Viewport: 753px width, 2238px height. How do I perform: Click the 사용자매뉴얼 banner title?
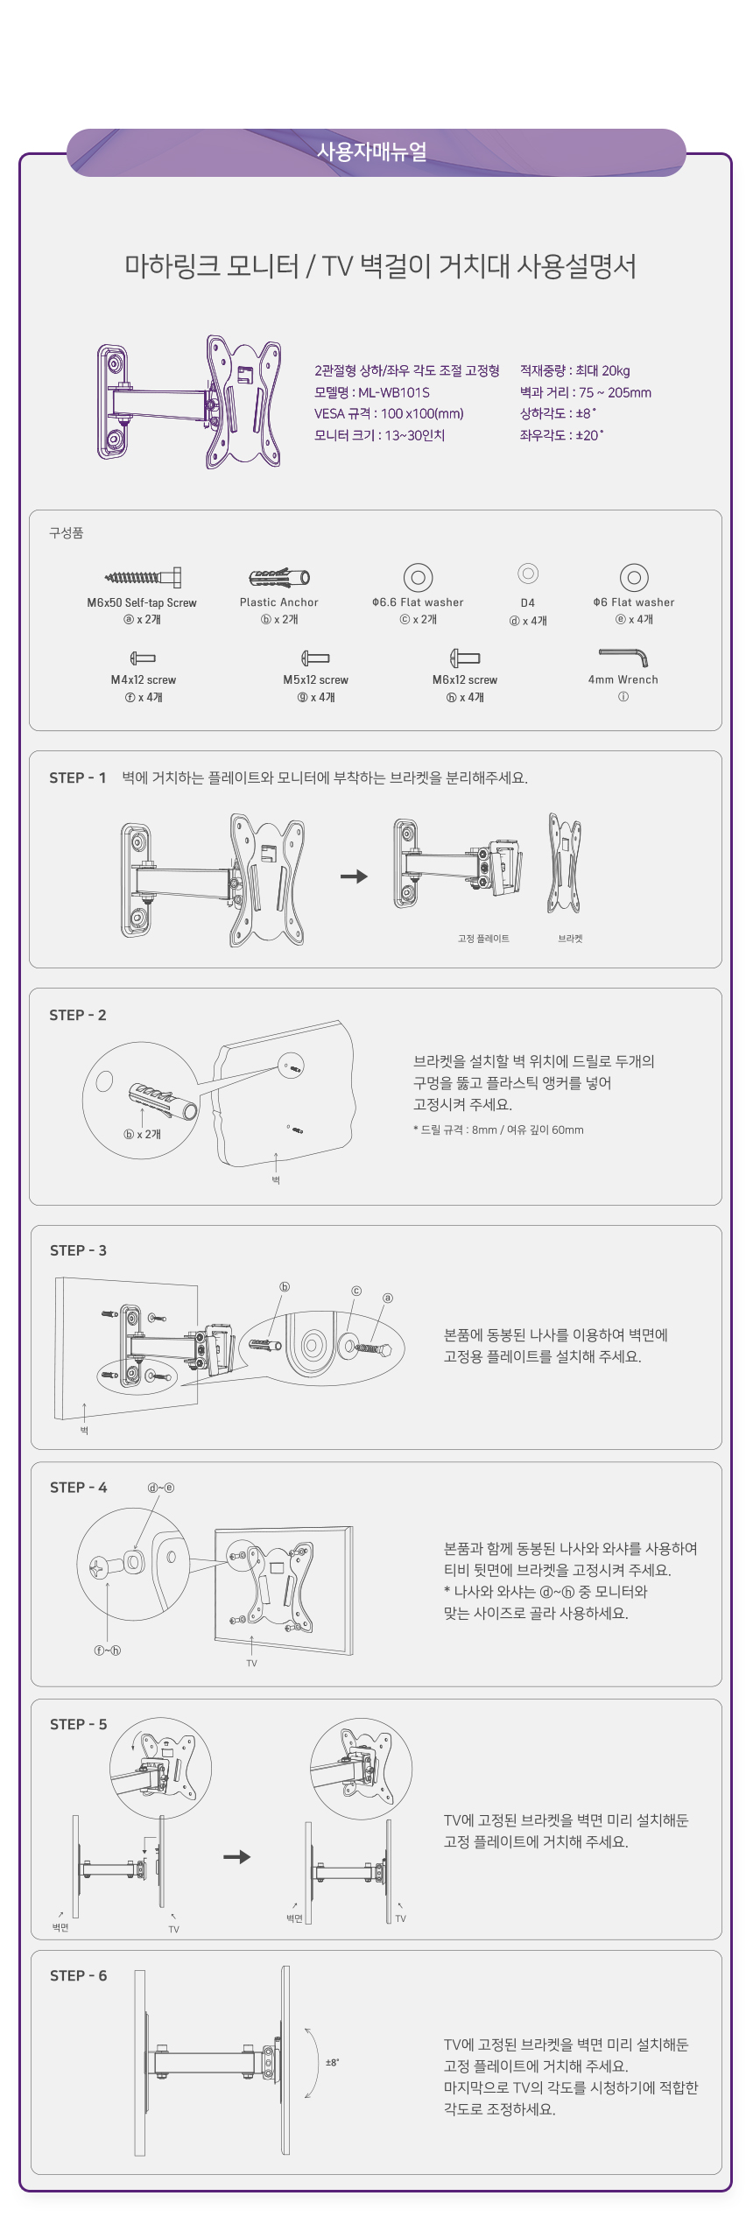372,151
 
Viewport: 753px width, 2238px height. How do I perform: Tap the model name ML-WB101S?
394,392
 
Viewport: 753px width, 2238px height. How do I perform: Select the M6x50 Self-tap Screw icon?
143,577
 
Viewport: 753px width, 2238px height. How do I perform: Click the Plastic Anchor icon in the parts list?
279,577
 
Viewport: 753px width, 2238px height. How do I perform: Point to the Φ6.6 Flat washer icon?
419,577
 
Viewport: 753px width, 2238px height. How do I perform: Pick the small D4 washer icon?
528,574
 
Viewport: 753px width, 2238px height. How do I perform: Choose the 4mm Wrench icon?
623,658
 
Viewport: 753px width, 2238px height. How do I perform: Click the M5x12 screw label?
315,679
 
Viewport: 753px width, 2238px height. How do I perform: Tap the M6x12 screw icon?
465,658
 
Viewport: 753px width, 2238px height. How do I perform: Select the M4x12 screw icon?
143,658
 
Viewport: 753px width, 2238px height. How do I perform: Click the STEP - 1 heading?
78,778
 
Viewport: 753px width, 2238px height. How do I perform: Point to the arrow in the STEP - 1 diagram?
354,876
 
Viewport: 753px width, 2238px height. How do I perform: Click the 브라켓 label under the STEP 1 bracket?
570,939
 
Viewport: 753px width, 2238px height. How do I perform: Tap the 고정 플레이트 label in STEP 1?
483,939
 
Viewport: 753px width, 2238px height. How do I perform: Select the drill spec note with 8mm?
498,1130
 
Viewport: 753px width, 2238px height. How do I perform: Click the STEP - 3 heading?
78,1250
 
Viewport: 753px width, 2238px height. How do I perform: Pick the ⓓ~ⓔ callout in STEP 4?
161,1488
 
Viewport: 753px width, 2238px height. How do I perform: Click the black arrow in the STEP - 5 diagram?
237,1856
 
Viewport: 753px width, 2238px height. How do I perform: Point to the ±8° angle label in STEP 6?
333,2062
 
